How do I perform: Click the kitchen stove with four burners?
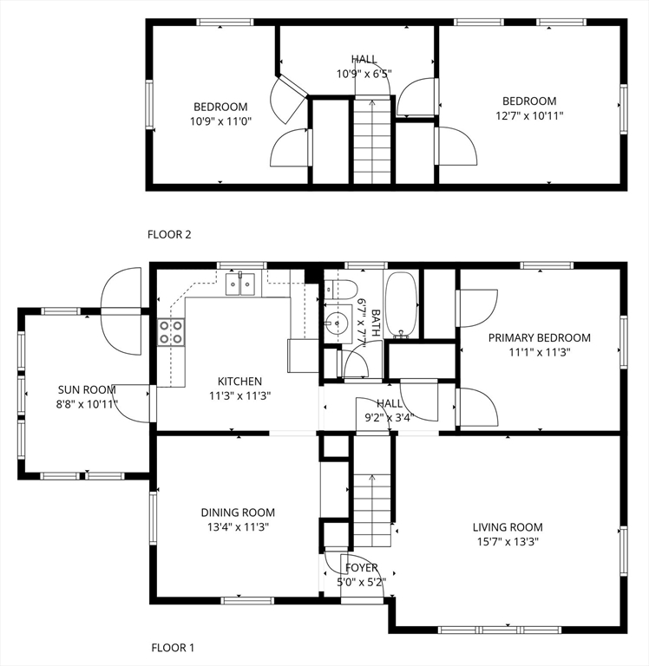(171, 332)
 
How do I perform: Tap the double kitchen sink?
(240, 284)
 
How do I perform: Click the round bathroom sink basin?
(337, 323)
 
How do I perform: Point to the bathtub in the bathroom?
(401, 304)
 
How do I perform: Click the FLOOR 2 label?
(169, 234)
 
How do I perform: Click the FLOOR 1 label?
(173, 648)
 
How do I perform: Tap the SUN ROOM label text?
(87, 389)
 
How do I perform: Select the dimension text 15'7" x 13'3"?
(508, 541)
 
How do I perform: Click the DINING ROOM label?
(238, 513)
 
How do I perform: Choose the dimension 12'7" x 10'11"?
(529, 115)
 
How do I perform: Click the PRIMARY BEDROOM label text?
(540, 337)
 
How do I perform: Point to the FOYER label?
(361, 567)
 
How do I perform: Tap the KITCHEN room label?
(239, 381)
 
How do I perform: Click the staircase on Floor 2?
(372, 141)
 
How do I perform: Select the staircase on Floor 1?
(372, 511)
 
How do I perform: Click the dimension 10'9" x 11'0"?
(220, 121)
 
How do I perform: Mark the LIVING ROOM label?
(508, 527)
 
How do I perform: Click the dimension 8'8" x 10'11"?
(87, 404)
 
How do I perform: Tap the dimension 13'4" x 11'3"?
(238, 527)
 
